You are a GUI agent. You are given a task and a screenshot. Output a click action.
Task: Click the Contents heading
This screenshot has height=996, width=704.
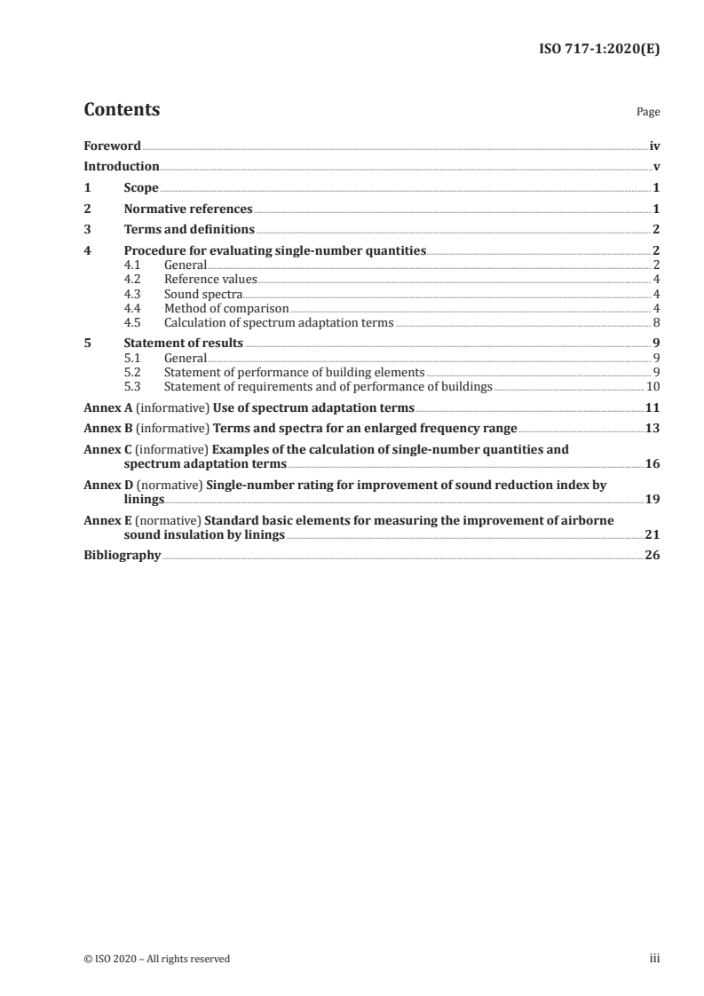pos(122,110)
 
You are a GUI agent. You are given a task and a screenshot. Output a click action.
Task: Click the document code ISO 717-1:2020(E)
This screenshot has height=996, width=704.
pos(601,50)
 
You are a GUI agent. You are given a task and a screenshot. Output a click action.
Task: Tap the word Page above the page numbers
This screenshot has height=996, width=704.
pos(648,113)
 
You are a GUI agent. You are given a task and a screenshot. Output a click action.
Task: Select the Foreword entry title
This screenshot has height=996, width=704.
pos(112,146)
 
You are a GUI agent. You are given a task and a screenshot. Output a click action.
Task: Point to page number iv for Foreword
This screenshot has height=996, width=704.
pos(653,146)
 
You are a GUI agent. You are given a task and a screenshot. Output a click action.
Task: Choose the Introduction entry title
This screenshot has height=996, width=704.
pos(121,167)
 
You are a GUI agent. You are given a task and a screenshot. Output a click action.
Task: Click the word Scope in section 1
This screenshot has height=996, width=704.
pos(141,188)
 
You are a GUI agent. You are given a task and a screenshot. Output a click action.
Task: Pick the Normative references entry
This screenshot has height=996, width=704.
pos(188,209)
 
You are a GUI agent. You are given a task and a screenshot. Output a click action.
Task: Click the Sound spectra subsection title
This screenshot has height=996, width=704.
pos(202,294)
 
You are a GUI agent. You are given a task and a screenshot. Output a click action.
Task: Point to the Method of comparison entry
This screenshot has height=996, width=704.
pos(226,308)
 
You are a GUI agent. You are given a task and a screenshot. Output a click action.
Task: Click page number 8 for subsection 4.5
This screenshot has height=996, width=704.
pos(655,322)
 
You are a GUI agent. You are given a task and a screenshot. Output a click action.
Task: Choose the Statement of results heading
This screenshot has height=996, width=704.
pos(183,344)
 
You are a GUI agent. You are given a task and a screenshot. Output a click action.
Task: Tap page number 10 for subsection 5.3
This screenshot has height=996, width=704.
pos(653,387)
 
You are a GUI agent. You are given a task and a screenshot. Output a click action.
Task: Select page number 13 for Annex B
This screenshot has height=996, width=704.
pos(653,430)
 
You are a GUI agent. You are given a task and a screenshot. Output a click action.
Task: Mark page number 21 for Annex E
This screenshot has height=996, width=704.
pos(653,534)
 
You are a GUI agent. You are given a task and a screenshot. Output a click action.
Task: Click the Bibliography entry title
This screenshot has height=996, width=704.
pos(122,556)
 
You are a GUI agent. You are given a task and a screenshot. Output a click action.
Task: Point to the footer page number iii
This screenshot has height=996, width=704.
pos(654,959)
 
